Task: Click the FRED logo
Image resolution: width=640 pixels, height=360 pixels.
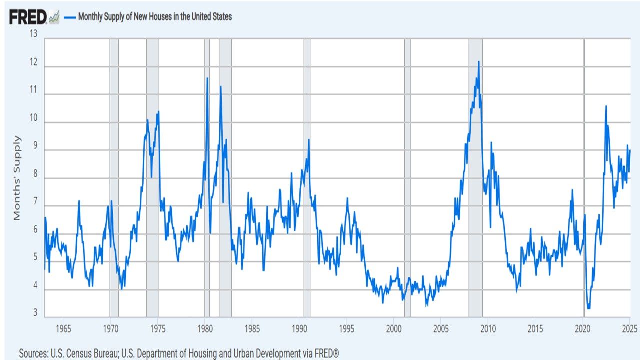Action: click(28, 17)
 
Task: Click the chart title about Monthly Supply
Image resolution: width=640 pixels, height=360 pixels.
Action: click(155, 17)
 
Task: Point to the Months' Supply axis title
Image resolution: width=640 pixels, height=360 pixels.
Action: click(17, 178)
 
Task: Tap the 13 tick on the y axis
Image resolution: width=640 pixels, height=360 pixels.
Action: click(34, 34)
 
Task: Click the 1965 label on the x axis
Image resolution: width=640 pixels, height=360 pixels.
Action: click(63, 329)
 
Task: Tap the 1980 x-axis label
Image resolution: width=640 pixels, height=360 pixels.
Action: click(205, 329)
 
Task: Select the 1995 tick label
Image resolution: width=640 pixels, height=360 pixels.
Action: click(346, 329)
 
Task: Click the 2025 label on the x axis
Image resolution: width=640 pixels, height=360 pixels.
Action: click(629, 329)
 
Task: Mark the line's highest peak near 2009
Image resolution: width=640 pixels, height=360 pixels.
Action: click(478, 61)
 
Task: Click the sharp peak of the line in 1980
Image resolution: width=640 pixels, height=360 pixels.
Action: click(207, 78)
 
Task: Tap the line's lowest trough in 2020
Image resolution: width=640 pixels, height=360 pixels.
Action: click(588, 308)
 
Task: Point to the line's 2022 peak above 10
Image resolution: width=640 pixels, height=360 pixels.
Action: click(606, 106)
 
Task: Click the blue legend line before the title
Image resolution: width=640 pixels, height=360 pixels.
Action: click(69, 17)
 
